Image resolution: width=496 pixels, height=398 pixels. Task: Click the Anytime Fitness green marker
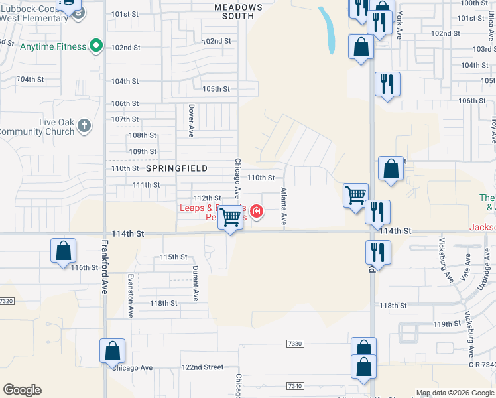click(x=96, y=46)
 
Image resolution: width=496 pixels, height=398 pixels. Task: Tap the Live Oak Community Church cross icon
click(x=84, y=125)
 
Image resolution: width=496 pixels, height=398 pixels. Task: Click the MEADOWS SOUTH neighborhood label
click(x=239, y=12)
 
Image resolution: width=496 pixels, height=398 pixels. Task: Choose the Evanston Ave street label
click(x=131, y=295)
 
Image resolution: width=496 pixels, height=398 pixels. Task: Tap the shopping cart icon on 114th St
click(x=231, y=218)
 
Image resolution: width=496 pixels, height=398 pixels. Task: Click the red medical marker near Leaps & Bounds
click(x=256, y=212)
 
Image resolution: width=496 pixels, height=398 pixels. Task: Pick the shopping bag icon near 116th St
click(x=63, y=251)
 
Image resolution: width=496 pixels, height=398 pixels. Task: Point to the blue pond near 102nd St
click(x=327, y=31)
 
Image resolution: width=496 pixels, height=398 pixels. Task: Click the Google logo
click(x=22, y=390)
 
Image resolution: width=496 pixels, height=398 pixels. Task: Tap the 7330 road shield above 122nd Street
click(x=295, y=344)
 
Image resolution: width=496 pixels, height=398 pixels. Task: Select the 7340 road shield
click(x=295, y=386)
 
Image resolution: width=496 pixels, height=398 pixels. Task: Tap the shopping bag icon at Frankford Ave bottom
click(x=112, y=351)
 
